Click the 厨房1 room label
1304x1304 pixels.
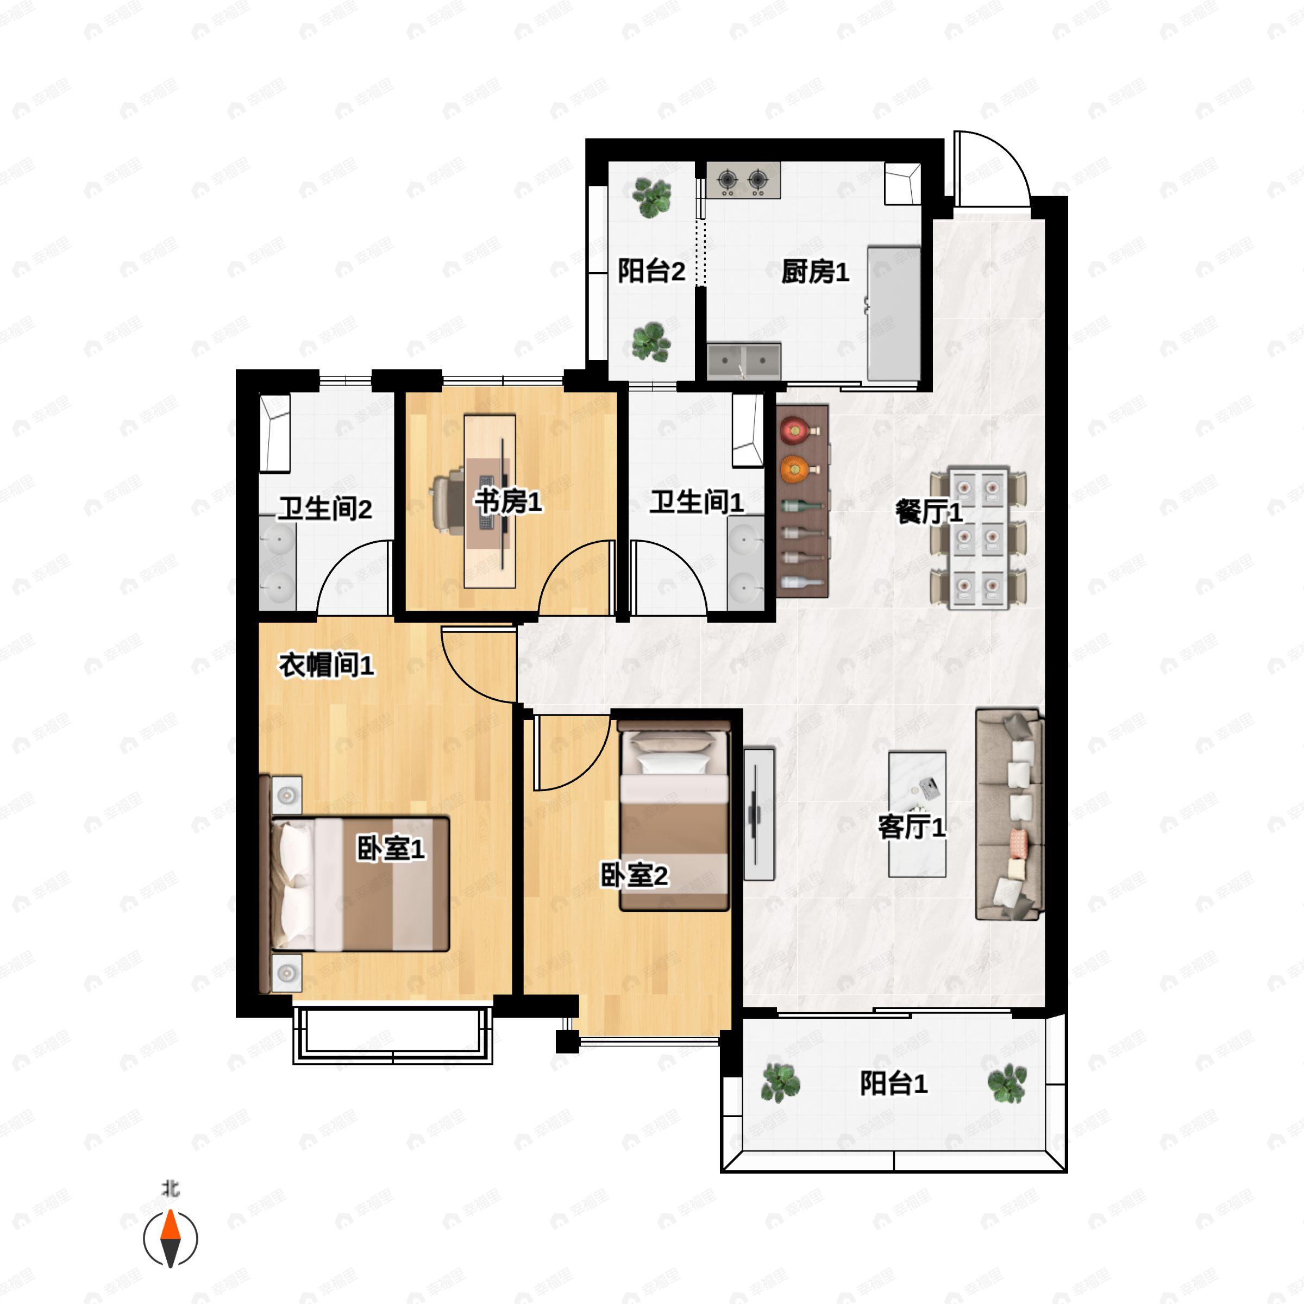[x=814, y=272]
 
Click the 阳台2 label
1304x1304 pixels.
[x=651, y=271]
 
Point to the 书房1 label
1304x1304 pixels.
[x=507, y=501]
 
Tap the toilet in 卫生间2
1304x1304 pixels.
[x=275, y=432]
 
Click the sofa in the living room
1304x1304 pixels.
[x=1010, y=814]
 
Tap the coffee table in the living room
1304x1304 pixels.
[x=917, y=814]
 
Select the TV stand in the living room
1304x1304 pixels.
[x=758, y=814]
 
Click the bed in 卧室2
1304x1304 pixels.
[x=674, y=816]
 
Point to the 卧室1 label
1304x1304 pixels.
[x=391, y=848]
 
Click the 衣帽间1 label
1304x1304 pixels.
[x=327, y=666]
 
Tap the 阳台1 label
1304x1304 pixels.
[x=894, y=1083]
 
